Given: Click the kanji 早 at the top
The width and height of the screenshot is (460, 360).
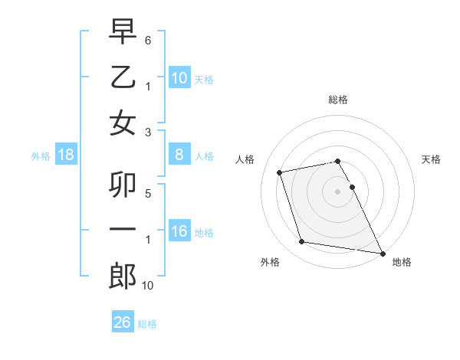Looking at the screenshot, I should point(123,31).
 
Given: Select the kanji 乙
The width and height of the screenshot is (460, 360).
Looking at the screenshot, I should point(123,78).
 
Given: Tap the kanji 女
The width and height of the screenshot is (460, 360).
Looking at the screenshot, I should point(123,124).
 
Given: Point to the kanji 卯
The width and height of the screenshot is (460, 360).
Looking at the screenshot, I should point(123,185).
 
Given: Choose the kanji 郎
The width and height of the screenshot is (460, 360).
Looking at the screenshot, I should point(123,276).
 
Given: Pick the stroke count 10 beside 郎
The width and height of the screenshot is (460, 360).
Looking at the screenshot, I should point(148,286).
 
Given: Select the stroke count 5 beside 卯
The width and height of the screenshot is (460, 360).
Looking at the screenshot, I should point(147,193).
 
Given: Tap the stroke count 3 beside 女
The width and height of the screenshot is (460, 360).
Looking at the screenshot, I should point(147,132).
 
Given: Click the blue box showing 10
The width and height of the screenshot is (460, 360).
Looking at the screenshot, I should point(179,78).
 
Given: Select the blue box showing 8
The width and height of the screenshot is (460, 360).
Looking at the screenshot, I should point(179,155).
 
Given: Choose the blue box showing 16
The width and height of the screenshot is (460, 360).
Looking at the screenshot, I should point(179,231).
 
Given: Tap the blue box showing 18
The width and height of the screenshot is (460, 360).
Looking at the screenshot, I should point(66,155).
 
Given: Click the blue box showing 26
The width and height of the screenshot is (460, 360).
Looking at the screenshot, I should point(122,322).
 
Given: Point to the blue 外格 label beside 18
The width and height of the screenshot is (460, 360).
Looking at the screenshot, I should point(41,155).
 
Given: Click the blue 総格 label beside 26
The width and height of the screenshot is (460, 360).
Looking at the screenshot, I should point(147,323).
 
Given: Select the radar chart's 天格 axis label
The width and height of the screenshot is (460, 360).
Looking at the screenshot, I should point(432,159).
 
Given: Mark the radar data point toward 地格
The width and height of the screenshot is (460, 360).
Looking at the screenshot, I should point(381,252).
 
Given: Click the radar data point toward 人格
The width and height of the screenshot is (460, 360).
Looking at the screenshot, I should point(280,172).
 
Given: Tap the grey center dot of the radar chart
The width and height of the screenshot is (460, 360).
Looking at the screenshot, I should point(337,191).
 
